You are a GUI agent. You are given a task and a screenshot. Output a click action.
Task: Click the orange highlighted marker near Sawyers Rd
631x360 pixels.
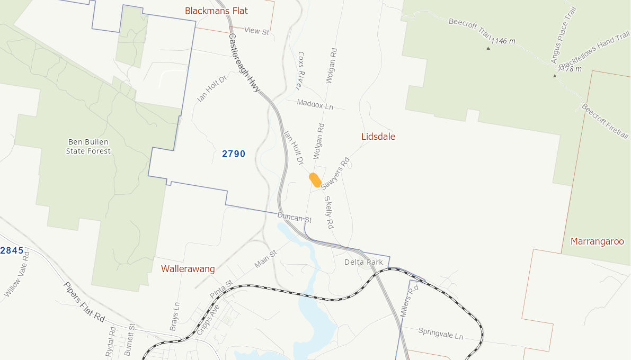(x=315, y=179)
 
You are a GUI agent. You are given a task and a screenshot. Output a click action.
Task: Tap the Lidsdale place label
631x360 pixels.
(x=378, y=137)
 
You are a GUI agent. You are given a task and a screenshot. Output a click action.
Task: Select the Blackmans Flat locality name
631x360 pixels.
(x=216, y=11)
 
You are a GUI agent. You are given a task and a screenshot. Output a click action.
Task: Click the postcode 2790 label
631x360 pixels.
(x=234, y=154)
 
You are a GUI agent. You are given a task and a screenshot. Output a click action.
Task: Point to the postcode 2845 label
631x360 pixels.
(x=12, y=250)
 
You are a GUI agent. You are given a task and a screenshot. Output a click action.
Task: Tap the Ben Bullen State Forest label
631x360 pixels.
(x=88, y=147)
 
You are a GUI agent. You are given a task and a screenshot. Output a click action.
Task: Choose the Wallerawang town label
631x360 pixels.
(x=188, y=269)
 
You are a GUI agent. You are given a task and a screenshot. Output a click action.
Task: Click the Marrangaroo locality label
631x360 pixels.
(x=597, y=241)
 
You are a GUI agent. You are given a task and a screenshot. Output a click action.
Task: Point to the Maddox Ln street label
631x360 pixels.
(x=315, y=104)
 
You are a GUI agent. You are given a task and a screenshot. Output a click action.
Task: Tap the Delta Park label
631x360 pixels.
(x=363, y=262)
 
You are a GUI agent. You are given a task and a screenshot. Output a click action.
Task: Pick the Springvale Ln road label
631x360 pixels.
(x=441, y=334)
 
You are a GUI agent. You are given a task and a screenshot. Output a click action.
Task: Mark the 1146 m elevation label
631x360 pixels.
(x=503, y=41)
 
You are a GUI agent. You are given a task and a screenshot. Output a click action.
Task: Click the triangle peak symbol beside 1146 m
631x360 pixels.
(x=488, y=48)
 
